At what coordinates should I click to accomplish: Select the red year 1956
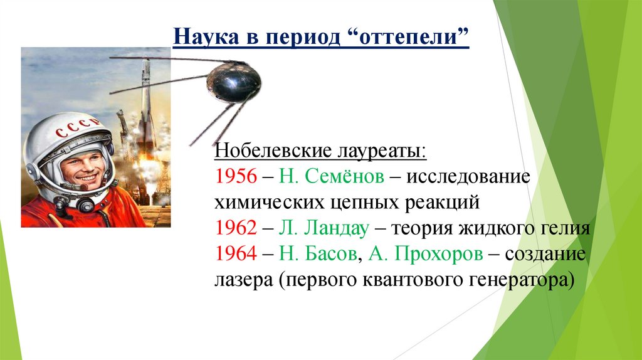coord(235,176)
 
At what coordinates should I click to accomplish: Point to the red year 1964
coord(235,254)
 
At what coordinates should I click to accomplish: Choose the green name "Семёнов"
coord(344,176)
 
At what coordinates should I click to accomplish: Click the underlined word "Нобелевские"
coord(266,151)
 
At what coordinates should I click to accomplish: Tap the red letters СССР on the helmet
coord(76,129)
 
